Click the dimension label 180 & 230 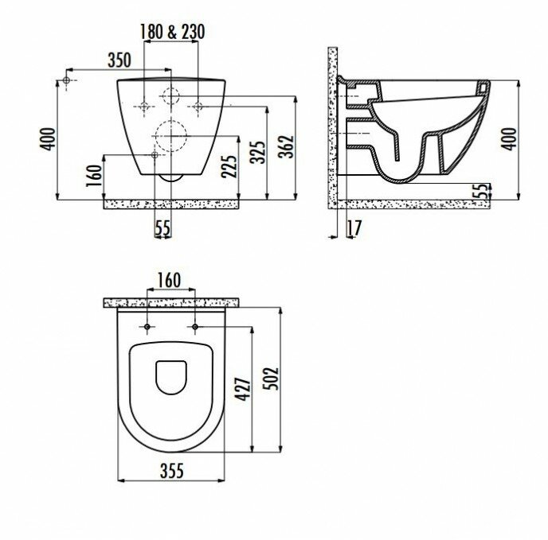[x=172, y=32]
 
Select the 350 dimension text [x=119, y=60]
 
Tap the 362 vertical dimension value [x=287, y=146]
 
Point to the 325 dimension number [x=258, y=152]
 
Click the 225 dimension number [x=229, y=166]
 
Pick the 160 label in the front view [x=94, y=176]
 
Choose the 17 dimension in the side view [x=354, y=228]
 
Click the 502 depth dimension [x=272, y=379]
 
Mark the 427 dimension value [x=243, y=389]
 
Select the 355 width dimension [x=172, y=471]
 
